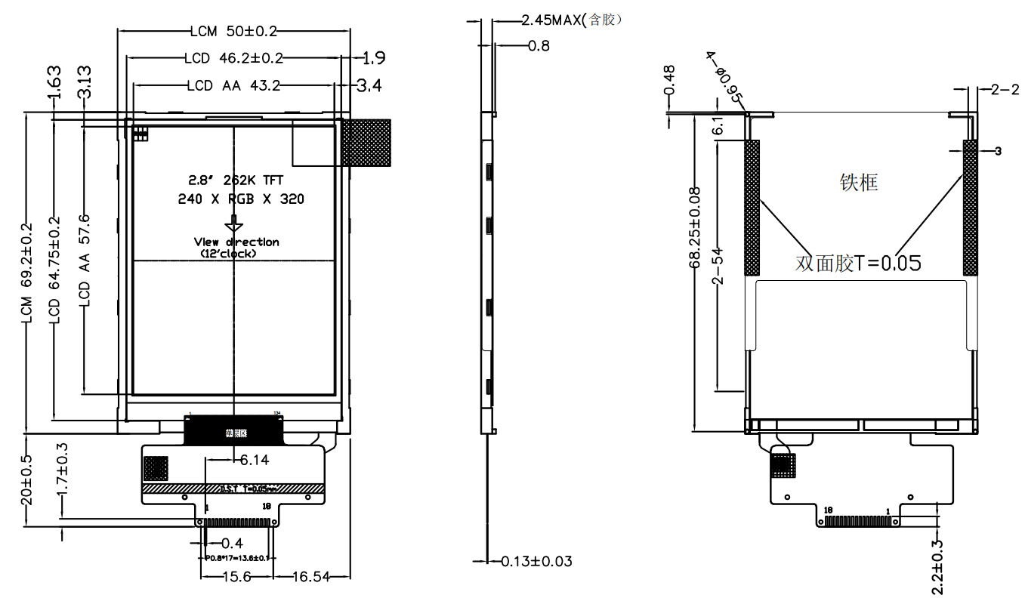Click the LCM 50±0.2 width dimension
pyautogui.click(x=233, y=31)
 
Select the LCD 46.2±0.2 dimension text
pyautogui.click(x=233, y=58)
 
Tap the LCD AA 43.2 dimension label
pyautogui.click(x=233, y=86)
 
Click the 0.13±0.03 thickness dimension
pyautogui.click(x=537, y=561)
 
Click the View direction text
pyautogui.click(x=236, y=242)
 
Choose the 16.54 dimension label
pyautogui.click(x=310, y=577)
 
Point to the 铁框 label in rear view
pyautogui.click(x=859, y=183)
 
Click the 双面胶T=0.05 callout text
pyautogui.click(x=858, y=264)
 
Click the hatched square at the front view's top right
pyautogui.click(x=366, y=142)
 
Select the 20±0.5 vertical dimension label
pyautogui.click(x=27, y=480)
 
